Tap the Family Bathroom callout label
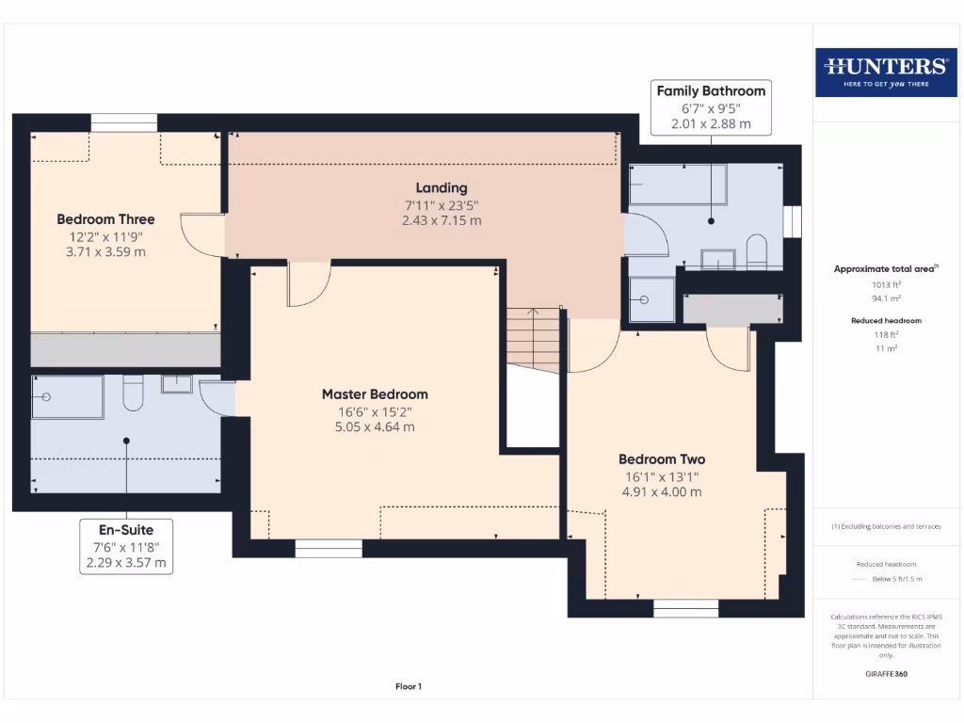[x=711, y=107]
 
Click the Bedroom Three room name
[x=105, y=219]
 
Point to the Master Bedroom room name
[x=375, y=394]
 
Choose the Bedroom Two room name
[x=661, y=459]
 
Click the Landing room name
[x=442, y=188]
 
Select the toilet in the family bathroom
[x=756, y=252]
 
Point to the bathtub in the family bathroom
[x=677, y=185]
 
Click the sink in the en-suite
[x=176, y=384]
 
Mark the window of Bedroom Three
[x=123, y=123]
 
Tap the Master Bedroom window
[x=328, y=548]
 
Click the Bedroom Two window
[x=685, y=608]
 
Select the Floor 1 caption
[x=408, y=687]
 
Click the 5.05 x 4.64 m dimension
[x=375, y=426]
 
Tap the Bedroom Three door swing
[x=201, y=235]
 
